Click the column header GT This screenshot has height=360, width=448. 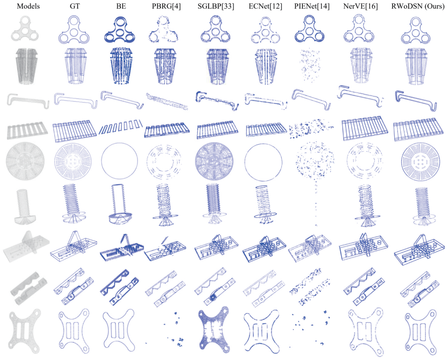(x=75, y=6)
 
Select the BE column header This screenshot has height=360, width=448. (x=121, y=6)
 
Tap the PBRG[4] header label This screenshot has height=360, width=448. (x=166, y=6)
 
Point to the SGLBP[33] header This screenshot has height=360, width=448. (x=216, y=6)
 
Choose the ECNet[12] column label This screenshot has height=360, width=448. (x=266, y=6)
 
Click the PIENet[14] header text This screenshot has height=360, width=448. (x=312, y=6)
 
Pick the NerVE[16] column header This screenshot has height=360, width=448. (x=361, y=6)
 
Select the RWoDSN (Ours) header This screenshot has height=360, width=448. (x=418, y=6)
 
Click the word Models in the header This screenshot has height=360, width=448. (x=28, y=6)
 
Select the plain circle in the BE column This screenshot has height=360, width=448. (x=120, y=143)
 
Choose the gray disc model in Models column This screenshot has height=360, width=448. (x=25, y=161)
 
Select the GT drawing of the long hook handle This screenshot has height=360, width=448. (x=76, y=100)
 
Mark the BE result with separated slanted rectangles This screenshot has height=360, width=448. (x=121, y=126)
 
